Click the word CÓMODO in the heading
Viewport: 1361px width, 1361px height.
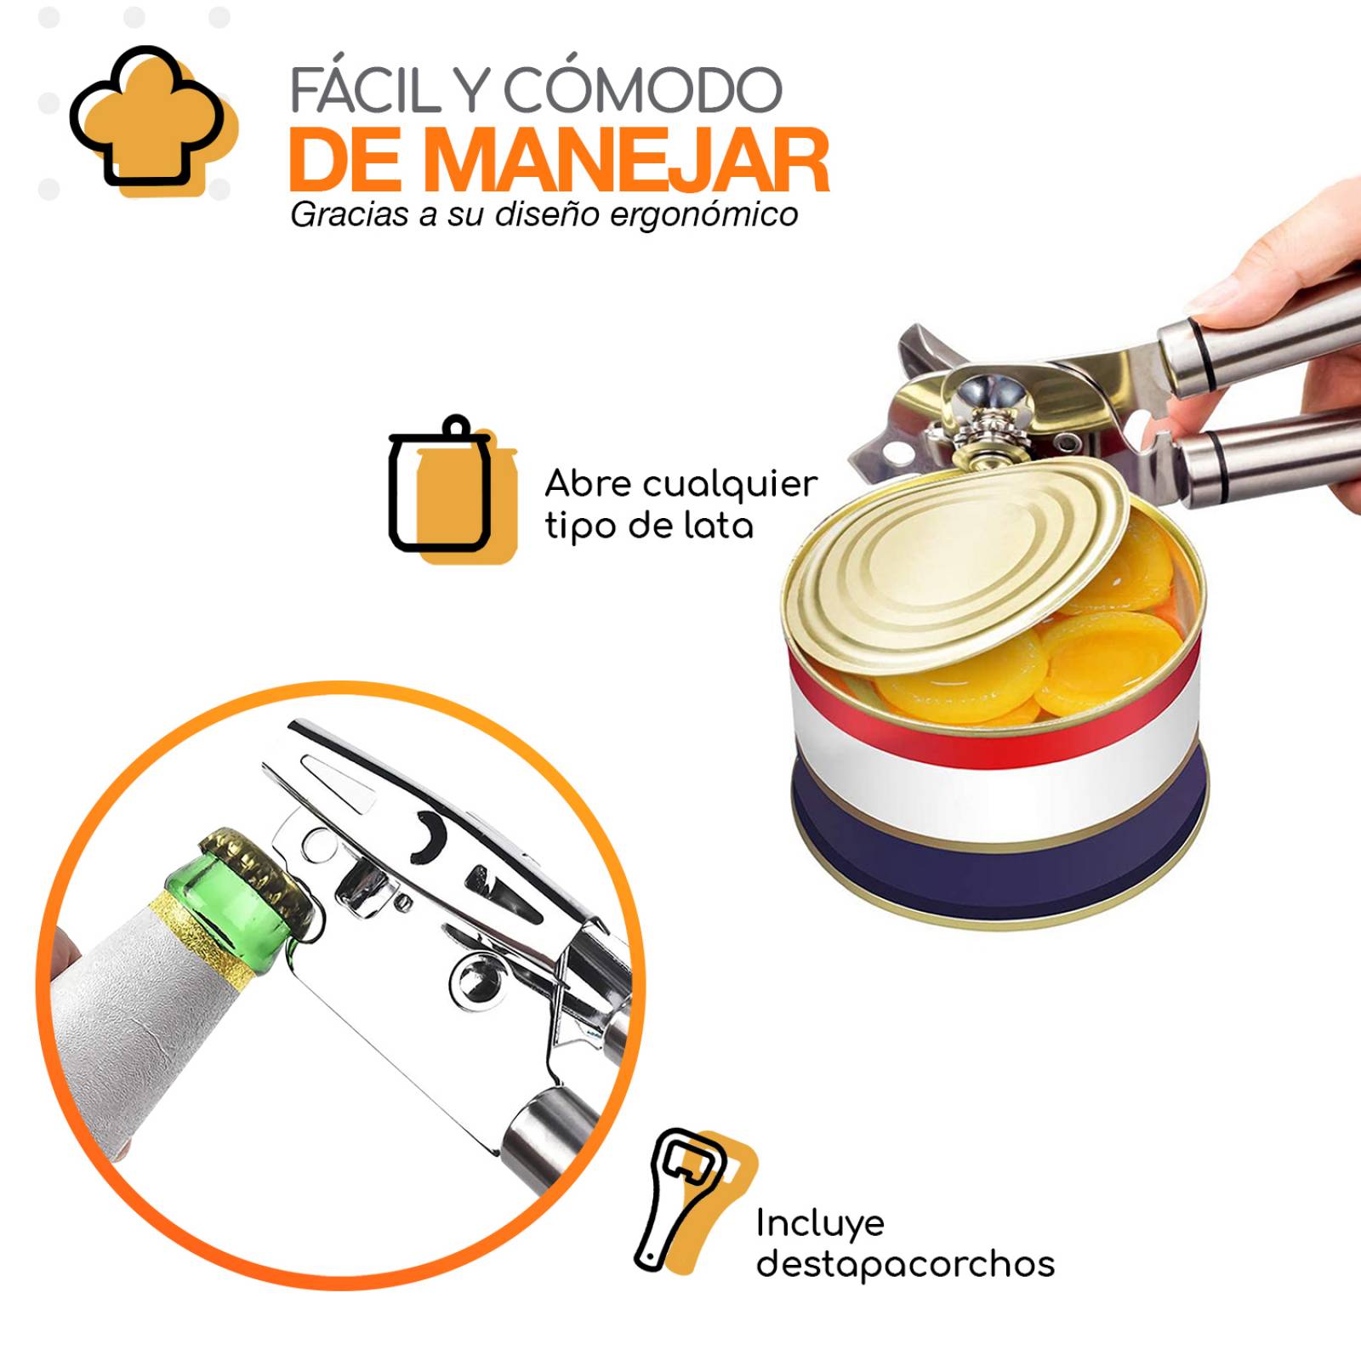[x=641, y=91]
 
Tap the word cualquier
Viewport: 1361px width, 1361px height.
[x=729, y=484]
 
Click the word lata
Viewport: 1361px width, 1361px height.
[x=720, y=526]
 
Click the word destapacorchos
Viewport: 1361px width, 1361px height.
[x=905, y=1264]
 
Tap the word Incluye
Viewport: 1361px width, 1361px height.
[x=820, y=1223]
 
